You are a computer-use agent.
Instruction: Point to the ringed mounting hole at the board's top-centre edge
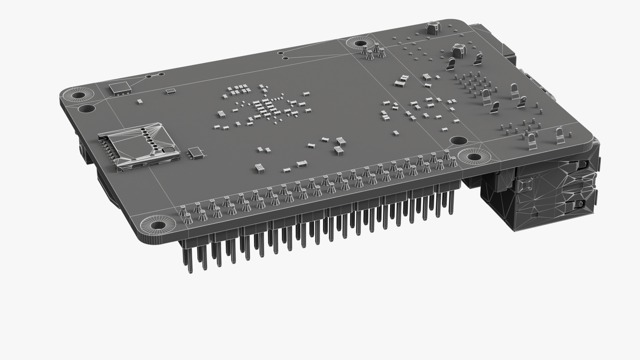[360, 43]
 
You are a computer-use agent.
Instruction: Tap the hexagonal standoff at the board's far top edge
[432, 27]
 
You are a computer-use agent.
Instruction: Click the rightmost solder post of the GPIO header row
[453, 162]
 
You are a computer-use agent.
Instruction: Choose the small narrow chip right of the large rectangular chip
[171, 91]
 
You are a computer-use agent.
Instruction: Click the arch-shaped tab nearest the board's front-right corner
[560, 135]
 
